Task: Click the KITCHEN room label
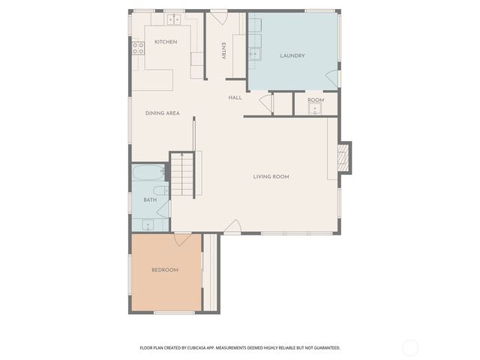[166, 42]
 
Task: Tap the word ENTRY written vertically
[223, 51]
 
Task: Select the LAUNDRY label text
[292, 56]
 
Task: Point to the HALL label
[235, 97]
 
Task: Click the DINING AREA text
[162, 113]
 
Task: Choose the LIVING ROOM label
[271, 177]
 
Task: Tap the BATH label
[150, 200]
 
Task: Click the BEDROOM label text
[165, 270]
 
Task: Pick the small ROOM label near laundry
[315, 100]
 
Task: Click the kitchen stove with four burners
[138, 48]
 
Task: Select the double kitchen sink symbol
[175, 19]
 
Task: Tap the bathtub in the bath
[146, 175]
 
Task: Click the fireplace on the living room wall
[344, 157]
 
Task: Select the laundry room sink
[255, 52]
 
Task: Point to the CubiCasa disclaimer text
[240, 348]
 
